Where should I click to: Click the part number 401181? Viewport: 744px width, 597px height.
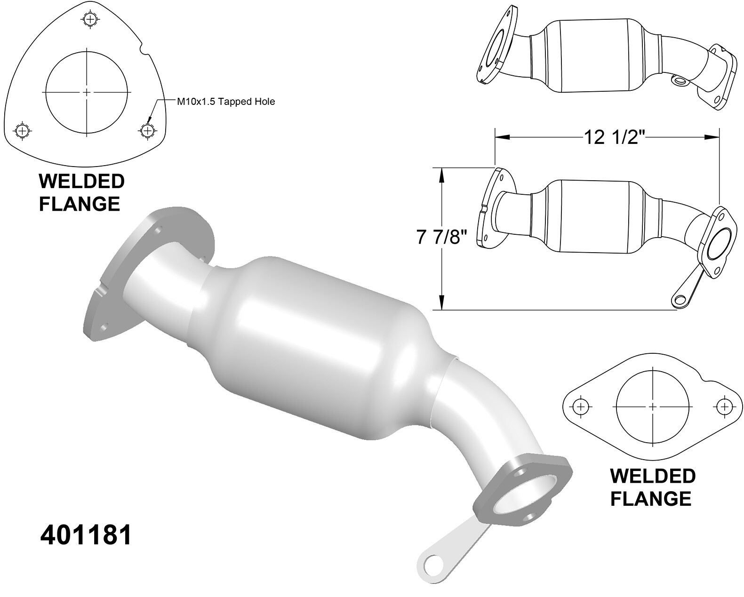86,535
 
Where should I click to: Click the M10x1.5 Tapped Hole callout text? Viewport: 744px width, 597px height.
225,101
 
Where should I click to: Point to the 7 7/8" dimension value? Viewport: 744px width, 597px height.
441,237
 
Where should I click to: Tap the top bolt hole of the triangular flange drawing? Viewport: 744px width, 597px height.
89,19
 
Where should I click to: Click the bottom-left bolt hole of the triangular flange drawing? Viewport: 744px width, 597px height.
22,130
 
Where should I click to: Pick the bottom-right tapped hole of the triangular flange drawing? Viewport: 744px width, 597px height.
147,130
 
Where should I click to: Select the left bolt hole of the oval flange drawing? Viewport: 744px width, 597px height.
581,406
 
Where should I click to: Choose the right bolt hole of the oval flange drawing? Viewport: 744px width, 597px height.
724,406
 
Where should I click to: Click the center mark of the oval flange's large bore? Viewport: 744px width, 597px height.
653,406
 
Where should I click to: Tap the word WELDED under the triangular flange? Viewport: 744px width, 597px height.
81,181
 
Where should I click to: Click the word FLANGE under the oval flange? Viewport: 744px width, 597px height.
651,498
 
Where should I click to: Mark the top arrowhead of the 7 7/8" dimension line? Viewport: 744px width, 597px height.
441,174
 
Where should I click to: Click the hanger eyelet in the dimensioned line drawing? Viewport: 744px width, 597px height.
679,300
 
